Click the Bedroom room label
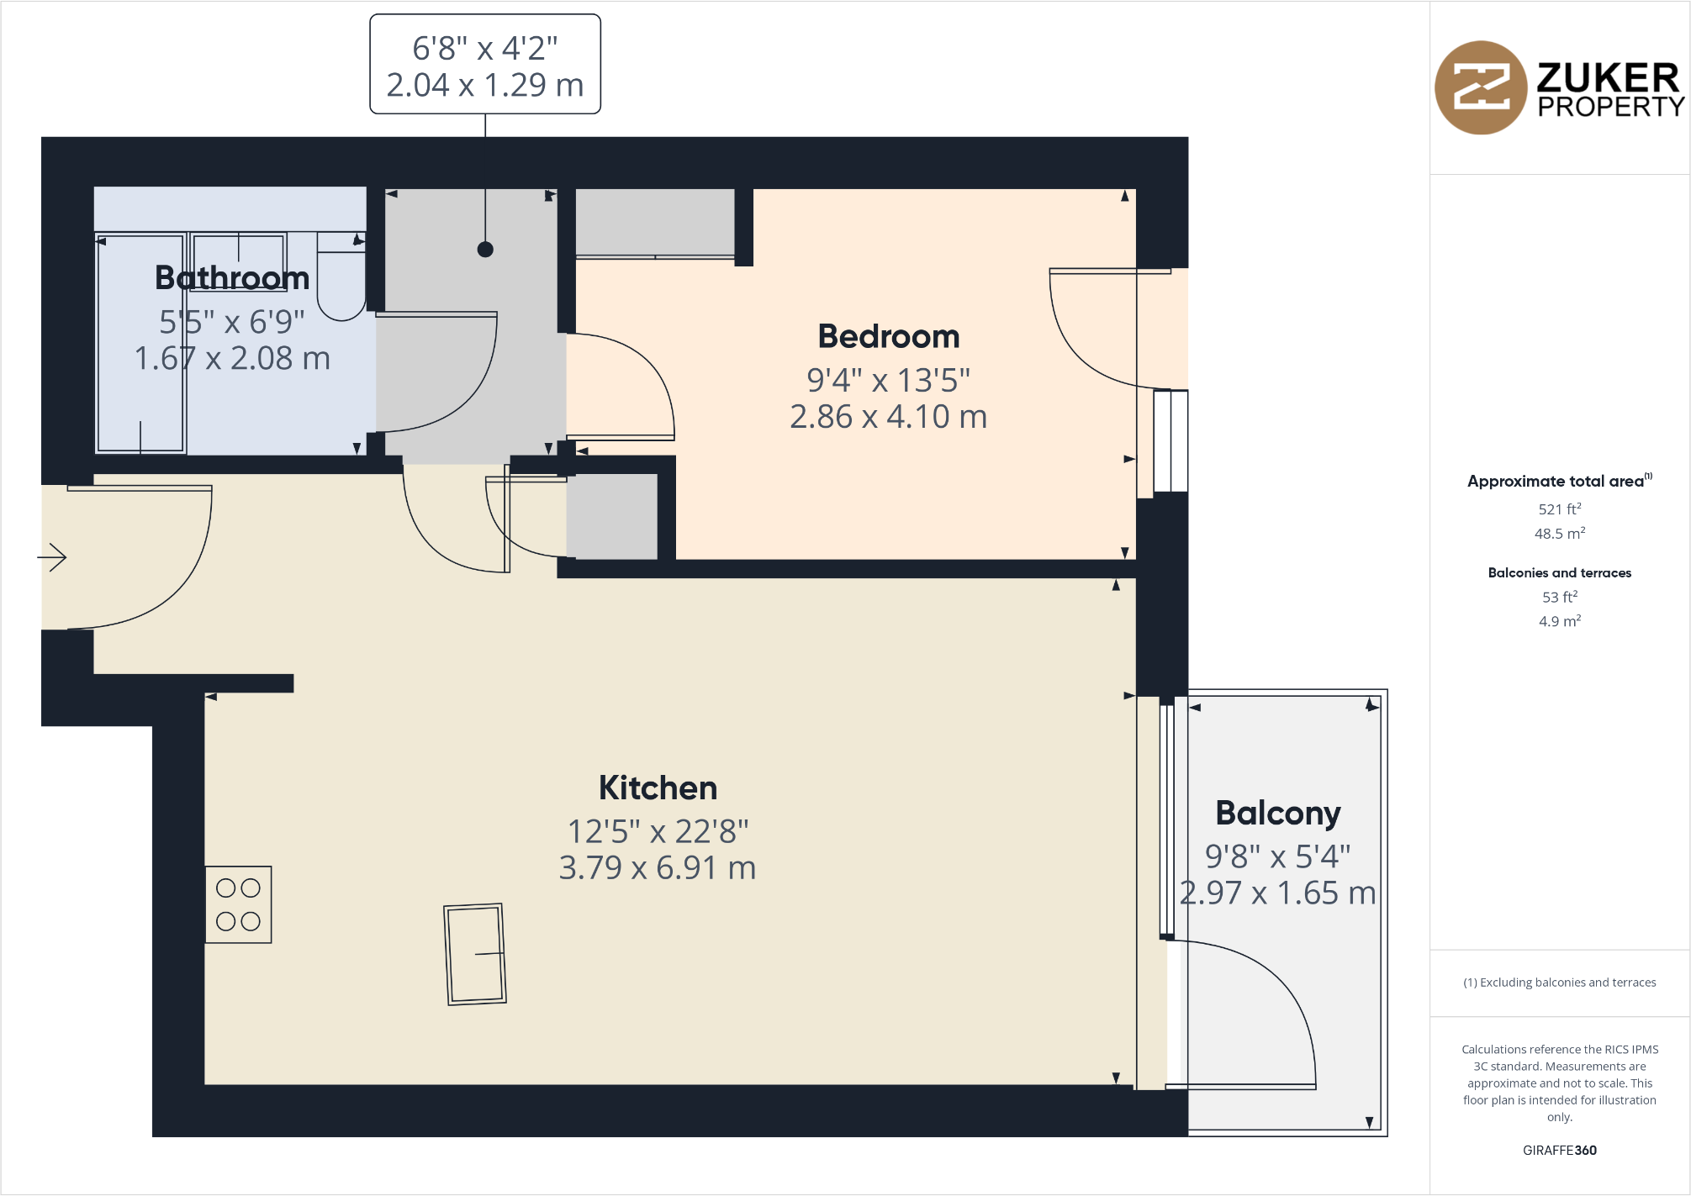[x=888, y=336]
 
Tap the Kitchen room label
[x=658, y=788]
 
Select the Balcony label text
[x=1277, y=813]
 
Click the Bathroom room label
[x=232, y=277]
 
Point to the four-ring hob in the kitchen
[x=239, y=904]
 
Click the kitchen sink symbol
[x=475, y=954]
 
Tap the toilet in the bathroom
[x=341, y=277]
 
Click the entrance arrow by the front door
[x=53, y=556]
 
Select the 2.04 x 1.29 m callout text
[x=485, y=85]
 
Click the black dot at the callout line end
[x=485, y=249]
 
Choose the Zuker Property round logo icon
[x=1480, y=87]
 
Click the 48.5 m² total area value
[x=1559, y=533]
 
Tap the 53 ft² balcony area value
[x=1559, y=597]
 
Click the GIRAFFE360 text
[x=1559, y=1150]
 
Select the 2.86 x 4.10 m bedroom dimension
[x=888, y=417]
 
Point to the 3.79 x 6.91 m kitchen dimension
[x=658, y=867]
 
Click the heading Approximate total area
[x=1556, y=481]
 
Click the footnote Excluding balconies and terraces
[x=1560, y=982]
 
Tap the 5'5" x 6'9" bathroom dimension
[x=232, y=322]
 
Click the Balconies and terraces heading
[x=1559, y=572]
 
